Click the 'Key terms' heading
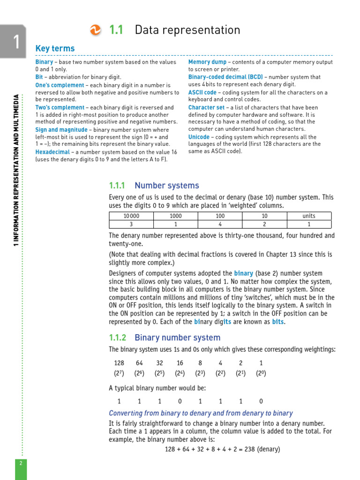click(55, 49)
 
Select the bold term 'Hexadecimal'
click(52, 152)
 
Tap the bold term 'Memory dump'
click(208, 62)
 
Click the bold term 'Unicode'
click(199, 137)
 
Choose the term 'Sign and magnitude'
click(61, 130)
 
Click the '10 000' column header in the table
click(131, 216)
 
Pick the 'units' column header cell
click(309, 216)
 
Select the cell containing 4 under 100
click(220, 224)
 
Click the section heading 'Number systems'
click(166, 186)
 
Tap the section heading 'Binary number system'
click(177, 337)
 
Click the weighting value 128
click(119, 363)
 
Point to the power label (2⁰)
click(261, 374)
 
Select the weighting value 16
click(180, 363)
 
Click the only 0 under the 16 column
click(180, 401)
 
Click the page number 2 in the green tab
click(21, 463)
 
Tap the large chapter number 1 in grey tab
click(15, 42)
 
